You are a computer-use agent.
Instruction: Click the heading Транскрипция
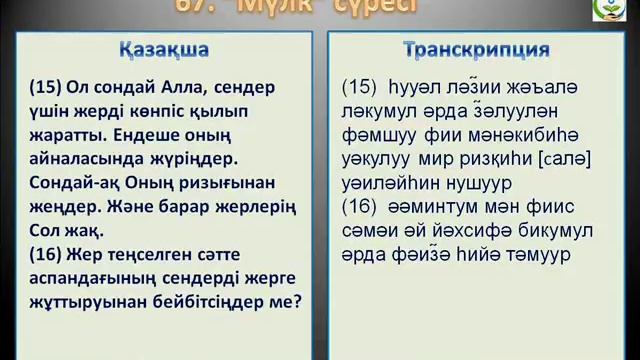pos(477,50)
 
